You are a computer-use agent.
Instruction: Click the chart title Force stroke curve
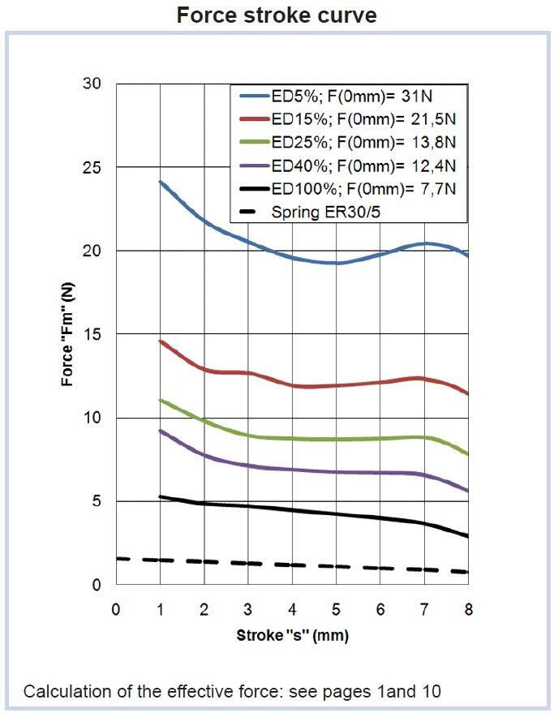tap(277, 15)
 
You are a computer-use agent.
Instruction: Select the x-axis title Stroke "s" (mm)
tap(292, 634)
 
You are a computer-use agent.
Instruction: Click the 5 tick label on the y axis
tap(95, 501)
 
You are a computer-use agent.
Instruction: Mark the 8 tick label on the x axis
tap(468, 609)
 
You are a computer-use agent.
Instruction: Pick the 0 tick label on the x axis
tap(116, 609)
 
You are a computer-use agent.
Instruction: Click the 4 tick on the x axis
tap(292, 609)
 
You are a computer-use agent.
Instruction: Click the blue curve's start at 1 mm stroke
tap(161, 182)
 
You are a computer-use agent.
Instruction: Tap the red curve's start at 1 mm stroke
tap(161, 341)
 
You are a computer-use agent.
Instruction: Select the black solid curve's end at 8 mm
tap(467, 536)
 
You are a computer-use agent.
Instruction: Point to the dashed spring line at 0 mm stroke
tap(118, 558)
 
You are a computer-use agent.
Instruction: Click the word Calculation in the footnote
tap(61, 692)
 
